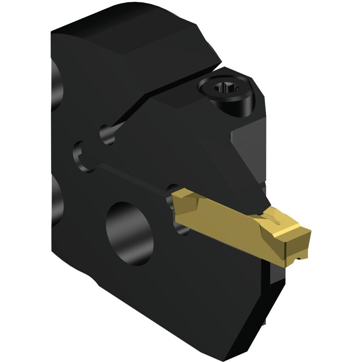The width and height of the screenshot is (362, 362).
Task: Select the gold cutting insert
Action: (x=237, y=220)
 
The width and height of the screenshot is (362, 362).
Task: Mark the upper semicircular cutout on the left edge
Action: (x=56, y=85)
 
